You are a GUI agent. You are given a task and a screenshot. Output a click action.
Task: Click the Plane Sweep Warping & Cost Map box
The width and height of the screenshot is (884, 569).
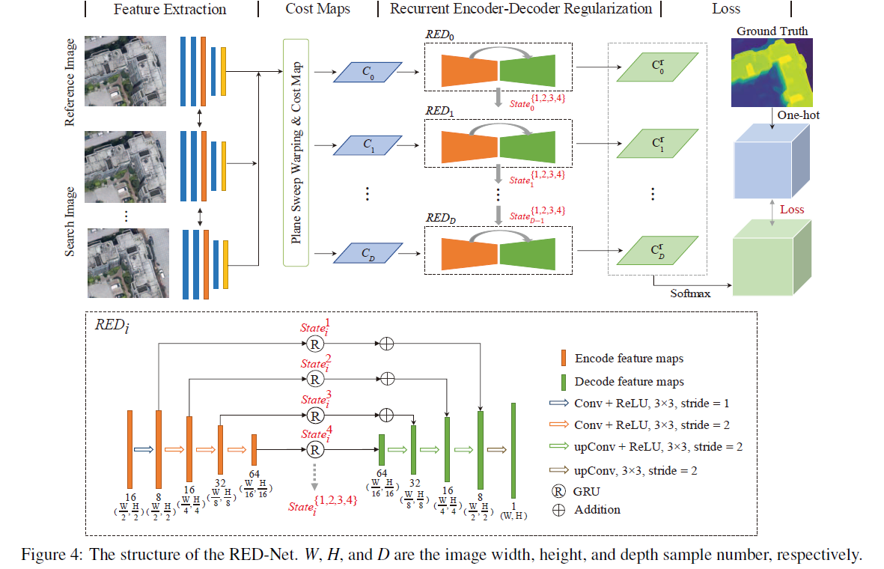click(x=297, y=153)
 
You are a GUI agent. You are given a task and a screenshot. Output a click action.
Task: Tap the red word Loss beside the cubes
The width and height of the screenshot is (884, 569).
click(x=791, y=210)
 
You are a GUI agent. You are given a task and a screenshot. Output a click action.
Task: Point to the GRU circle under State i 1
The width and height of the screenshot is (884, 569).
click(x=315, y=344)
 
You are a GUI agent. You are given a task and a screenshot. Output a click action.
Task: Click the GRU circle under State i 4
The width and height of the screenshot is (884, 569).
click(x=315, y=450)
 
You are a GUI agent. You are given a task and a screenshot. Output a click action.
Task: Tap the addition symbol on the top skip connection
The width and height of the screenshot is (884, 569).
click(x=387, y=344)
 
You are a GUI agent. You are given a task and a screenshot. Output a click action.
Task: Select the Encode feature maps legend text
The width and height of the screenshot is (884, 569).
click(x=630, y=358)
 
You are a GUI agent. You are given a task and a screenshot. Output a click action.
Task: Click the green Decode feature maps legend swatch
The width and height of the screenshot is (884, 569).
click(x=564, y=381)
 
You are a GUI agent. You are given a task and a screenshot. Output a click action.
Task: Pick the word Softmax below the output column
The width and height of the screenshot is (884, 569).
click(x=690, y=293)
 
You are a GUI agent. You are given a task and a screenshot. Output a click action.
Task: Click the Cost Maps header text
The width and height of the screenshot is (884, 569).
click(x=317, y=10)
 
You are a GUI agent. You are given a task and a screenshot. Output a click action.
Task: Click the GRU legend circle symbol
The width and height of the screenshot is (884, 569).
click(x=564, y=491)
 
